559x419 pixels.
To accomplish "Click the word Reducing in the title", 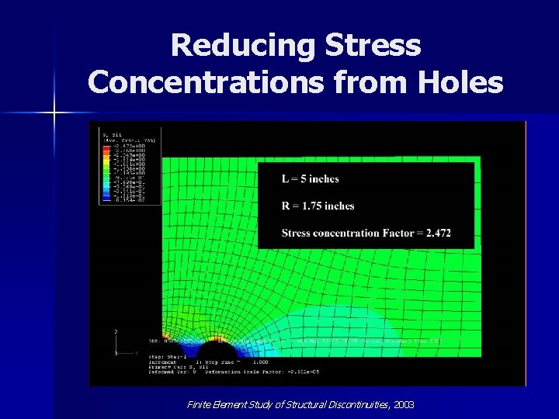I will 241,46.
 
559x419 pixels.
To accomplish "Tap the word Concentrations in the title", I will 209,81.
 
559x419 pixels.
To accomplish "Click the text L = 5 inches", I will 311,178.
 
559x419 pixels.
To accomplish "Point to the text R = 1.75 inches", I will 318,206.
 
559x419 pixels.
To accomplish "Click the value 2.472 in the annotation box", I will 438,233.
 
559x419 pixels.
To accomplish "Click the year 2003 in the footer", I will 404,404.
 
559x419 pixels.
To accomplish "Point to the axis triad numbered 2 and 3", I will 116,342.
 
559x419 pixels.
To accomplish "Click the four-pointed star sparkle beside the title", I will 54,113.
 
